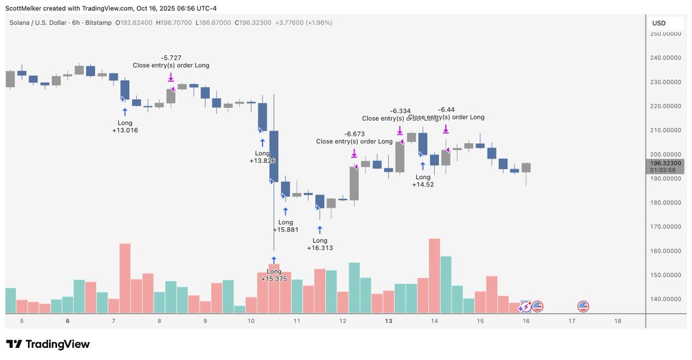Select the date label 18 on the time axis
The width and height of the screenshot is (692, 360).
coord(618,321)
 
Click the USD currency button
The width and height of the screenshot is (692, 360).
coord(659,23)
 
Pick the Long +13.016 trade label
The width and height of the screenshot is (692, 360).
coord(125,126)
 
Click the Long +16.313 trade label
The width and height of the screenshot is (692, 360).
coord(319,244)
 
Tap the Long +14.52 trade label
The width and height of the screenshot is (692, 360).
coord(423,181)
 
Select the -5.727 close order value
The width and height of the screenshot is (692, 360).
coord(171,58)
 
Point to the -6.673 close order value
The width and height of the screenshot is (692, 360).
coord(354,134)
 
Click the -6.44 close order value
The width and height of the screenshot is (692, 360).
coord(446,110)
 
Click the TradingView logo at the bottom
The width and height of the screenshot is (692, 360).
coord(48,344)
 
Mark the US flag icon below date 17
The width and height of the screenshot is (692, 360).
coord(583,307)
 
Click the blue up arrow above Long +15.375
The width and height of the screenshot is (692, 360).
coord(274,260)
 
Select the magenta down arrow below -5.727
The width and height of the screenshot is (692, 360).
coord(171,77)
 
